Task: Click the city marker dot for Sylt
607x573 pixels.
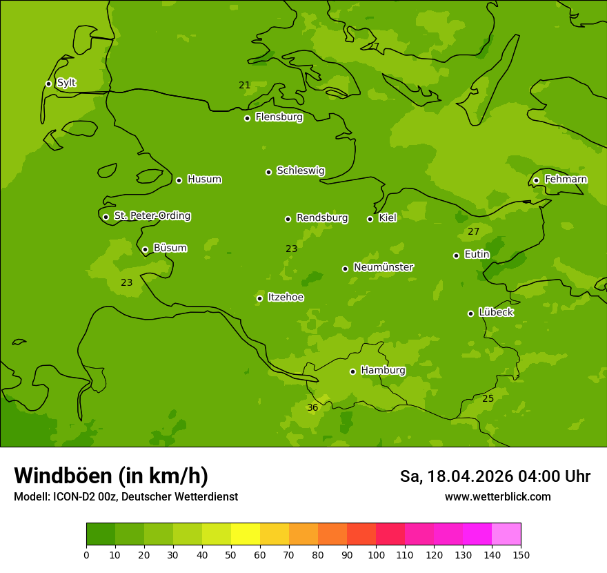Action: coord(48,84)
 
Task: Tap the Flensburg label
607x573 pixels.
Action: coord(279,117)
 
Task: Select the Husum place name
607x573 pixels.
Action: coord(204,179)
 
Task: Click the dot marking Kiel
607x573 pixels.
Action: coord(370,219)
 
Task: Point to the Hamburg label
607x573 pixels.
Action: coord(383,371)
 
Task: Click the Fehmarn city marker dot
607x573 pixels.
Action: coord(536,180)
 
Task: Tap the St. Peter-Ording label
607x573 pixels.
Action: coord(152,216)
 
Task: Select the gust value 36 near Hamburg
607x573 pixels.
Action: coord(312,408)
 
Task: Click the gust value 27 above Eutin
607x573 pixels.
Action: coord(473,232)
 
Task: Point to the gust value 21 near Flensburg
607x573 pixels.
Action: coord(244,86)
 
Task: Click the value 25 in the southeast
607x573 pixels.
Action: coord(488,399)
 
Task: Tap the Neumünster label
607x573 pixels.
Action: coord(383,267)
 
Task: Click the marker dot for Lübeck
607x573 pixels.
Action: coord(470,313)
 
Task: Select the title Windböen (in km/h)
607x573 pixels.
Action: coord(111,476)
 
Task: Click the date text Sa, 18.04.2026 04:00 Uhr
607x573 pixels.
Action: coord(495,476)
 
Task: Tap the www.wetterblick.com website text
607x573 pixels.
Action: coord(497,496)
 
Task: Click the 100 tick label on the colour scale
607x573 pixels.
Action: coord(376,555)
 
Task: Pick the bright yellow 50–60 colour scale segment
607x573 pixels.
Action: coord(246,534)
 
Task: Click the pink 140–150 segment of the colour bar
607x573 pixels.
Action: coord(506,534)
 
